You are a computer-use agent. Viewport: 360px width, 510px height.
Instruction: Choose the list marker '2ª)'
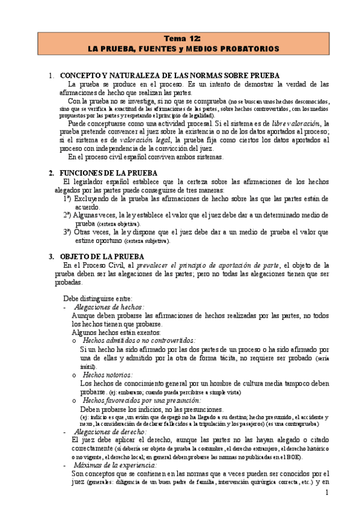coord(69,215)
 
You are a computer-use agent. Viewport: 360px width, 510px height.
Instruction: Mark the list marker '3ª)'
coord(69,232)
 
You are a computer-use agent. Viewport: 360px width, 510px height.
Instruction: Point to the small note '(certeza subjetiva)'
coord(147,241)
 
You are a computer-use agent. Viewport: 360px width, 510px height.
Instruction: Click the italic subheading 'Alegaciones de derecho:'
coord(109,431)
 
